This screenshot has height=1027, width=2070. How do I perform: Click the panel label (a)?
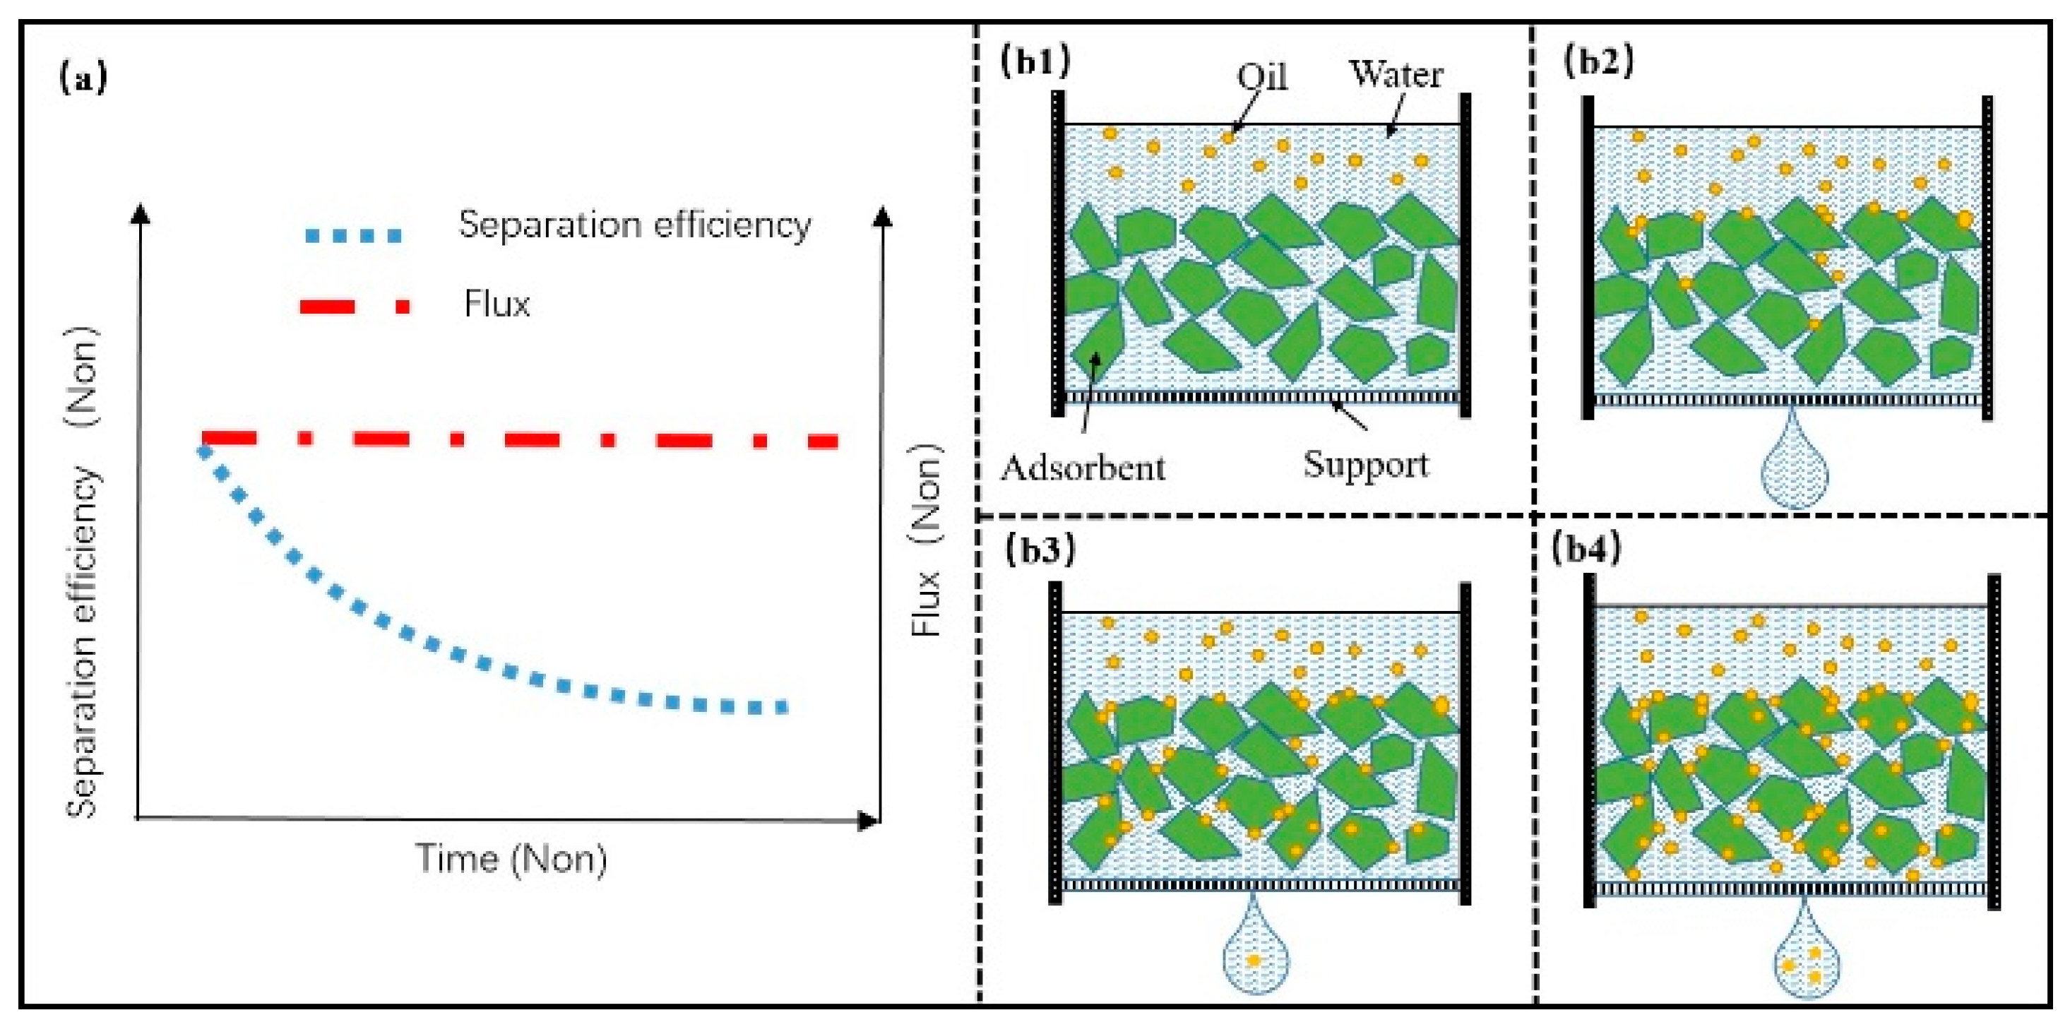pos(83,78)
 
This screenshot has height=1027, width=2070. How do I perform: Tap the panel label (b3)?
pos(1040,550)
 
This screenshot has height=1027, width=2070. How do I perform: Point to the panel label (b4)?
pos(1586,548)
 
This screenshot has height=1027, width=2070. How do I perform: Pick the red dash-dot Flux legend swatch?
pos(355,306)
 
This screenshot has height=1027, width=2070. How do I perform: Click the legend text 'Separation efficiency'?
pos(634,225)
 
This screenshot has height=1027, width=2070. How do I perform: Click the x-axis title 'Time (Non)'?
pos(511,859)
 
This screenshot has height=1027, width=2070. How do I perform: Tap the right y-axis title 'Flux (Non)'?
pos(927,540)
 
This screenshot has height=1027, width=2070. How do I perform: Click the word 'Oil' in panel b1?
pos(1261,77)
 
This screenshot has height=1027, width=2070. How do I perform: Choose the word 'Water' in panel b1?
pos(1396,74)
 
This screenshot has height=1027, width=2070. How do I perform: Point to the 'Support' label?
pos(1365,465)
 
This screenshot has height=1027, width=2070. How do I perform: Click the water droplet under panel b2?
pos(1794,470)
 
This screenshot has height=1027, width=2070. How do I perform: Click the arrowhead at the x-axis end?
pos(869,821)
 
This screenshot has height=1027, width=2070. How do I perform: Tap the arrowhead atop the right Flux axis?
pos(882,217)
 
